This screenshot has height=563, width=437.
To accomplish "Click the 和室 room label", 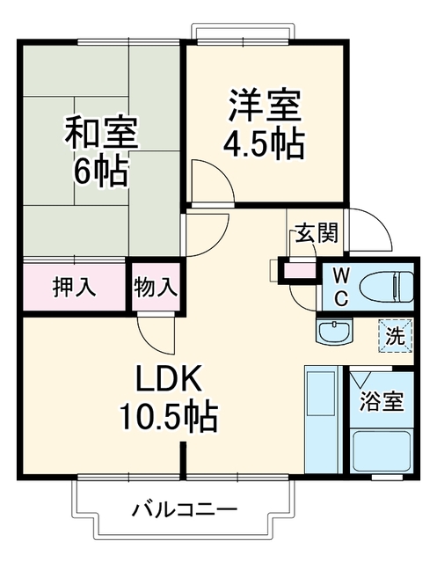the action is click(x=101, y=132).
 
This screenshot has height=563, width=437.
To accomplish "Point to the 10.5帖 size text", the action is click(x=169, y=417).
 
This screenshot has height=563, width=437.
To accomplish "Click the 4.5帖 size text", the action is click(x=265, y=144).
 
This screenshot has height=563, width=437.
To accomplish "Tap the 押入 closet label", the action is click(x=74, y=287).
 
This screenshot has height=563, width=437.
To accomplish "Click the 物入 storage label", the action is click(x=156, y=288).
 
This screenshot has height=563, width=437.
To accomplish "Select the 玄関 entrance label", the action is click(x=317, y=232).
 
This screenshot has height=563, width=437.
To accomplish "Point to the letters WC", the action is click(x=340, y=288).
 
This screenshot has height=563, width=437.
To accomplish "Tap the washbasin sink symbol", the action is click(x=335, y=332).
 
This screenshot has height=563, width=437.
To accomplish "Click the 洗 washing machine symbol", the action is click(x=396, y=336).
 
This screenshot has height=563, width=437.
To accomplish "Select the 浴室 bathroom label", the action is click(x=382, y=401).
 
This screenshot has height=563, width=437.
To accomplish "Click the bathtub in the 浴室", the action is click(x=382, y=451).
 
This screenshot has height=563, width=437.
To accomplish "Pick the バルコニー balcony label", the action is click(x=185, y=509).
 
